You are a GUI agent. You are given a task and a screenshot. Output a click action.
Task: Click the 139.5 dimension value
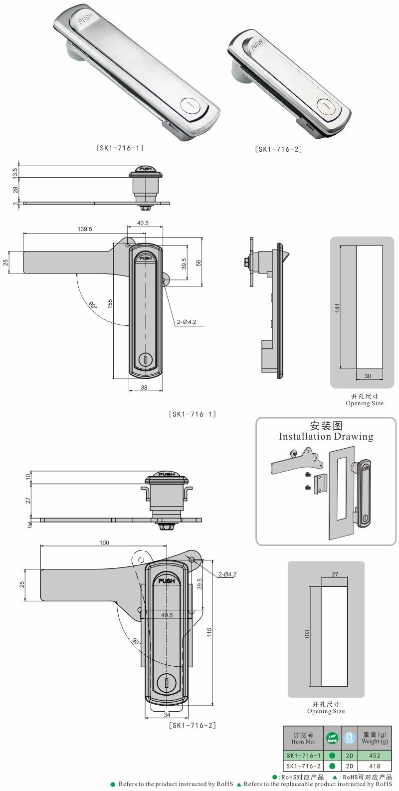pos(84,229)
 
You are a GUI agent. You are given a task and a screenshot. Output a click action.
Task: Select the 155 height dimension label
pos(110,302)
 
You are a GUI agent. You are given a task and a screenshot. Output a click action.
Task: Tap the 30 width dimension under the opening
pos(368,376)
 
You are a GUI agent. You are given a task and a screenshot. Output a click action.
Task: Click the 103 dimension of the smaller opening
pos(307,634)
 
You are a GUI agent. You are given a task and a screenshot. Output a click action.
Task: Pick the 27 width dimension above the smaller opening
pos(335,574)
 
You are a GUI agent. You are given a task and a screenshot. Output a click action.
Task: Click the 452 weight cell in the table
pos(375,756)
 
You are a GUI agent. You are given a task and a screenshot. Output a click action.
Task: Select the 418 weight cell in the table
pos(375,766)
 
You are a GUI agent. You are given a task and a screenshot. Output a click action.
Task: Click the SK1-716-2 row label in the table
pos(303,766)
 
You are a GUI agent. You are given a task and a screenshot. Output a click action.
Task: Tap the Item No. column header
pos(303,738)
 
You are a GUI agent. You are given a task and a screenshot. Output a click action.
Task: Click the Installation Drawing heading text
pos(326,437)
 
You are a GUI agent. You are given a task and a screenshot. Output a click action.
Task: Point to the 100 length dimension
pos(104,542)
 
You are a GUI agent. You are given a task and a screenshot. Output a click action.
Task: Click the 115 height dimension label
pos(209,632)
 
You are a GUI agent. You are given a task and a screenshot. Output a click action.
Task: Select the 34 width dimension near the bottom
pos(167,715)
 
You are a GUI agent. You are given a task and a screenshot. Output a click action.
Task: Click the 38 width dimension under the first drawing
pos(144,387)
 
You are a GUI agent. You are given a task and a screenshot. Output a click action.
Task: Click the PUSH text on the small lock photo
pos(256,45)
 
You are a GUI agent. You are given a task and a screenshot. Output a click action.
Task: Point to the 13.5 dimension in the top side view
pos(15,172)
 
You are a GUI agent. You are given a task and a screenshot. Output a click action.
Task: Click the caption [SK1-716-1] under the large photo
pos(120,148)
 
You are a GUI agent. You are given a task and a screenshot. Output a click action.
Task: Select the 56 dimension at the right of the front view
pos(198,264)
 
